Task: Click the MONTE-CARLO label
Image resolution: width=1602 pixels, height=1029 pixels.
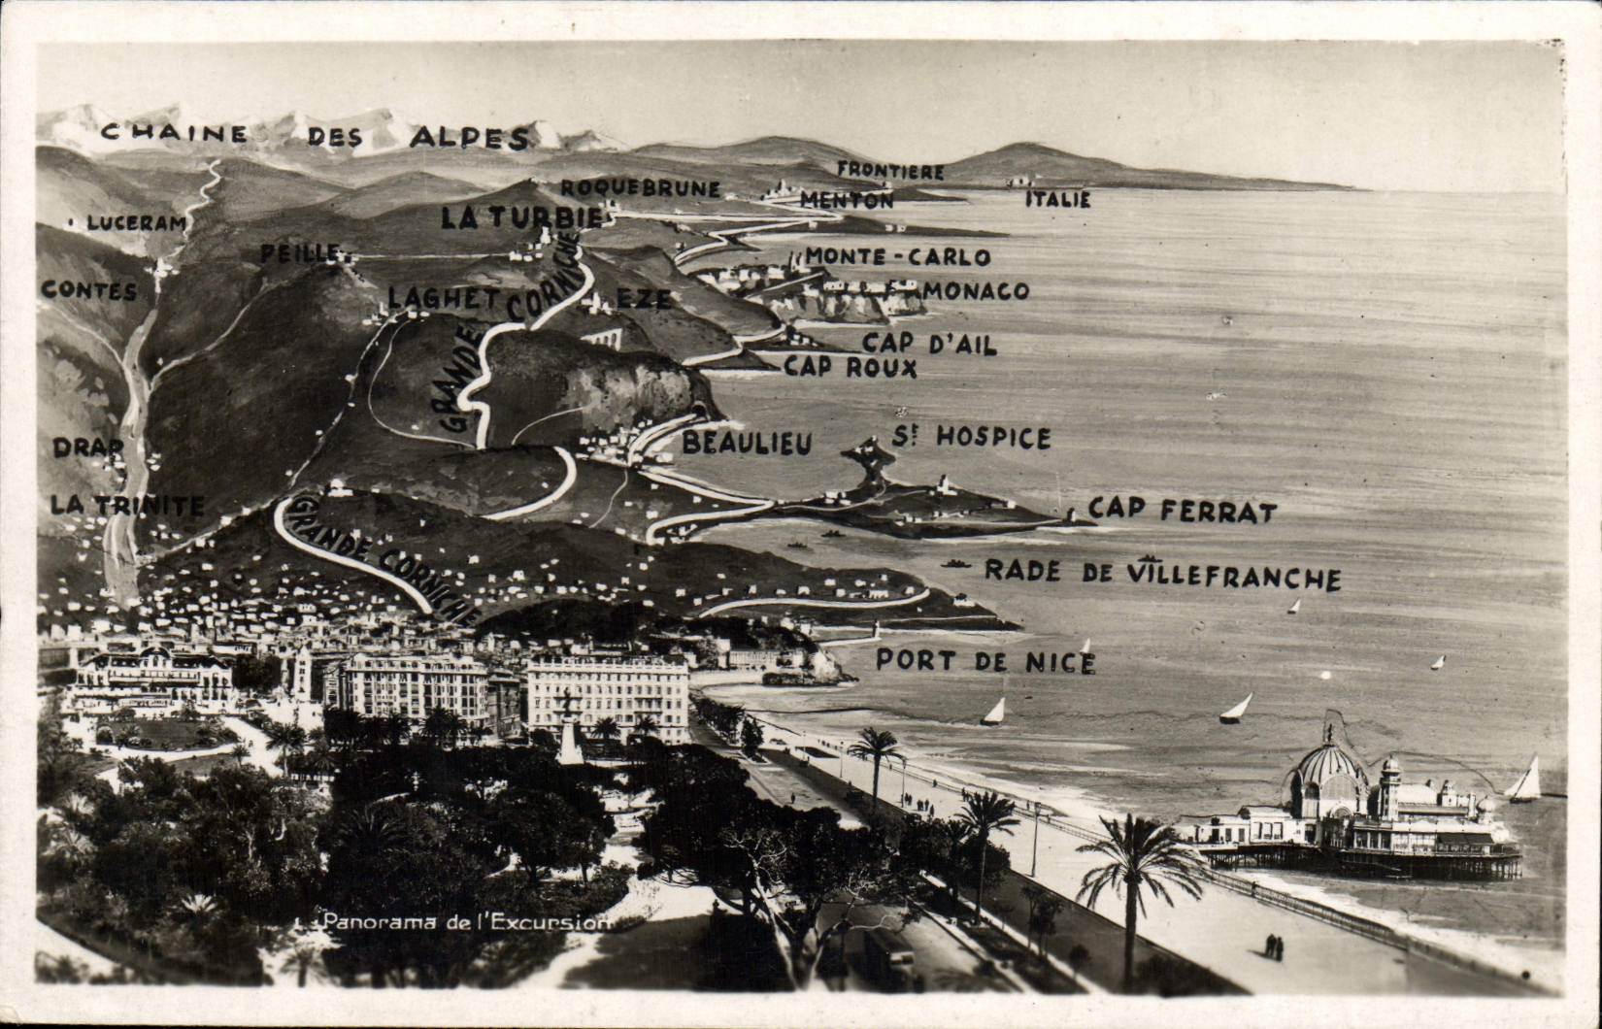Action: coord(897,257)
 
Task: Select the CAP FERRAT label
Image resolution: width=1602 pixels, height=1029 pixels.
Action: coord(1182,510)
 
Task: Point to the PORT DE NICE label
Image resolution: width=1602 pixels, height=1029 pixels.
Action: coord(985,661)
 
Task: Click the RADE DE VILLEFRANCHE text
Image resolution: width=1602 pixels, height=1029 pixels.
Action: coord(1162,574)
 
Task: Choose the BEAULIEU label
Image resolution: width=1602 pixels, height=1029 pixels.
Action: coord(746,444)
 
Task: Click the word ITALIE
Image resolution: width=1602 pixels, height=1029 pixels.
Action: coord(1058,200)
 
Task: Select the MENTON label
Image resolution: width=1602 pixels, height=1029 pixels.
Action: coord(846,200)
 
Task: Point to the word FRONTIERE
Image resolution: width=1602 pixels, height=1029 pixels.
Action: coord(890,171)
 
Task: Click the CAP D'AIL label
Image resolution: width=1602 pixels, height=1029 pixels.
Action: coord(929,343)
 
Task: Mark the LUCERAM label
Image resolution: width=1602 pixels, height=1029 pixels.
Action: coord(136,223)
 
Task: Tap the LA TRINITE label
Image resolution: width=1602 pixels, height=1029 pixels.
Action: coord(127,506)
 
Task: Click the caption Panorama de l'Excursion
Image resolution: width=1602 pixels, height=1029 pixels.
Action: coord(467,921)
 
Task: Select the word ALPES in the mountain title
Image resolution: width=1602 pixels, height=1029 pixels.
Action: coord(470,138)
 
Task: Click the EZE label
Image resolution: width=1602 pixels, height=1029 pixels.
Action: coord(643,299)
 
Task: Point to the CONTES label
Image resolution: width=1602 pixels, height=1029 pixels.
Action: coord(88,290)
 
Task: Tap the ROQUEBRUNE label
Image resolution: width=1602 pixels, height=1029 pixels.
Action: coord(640,187)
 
